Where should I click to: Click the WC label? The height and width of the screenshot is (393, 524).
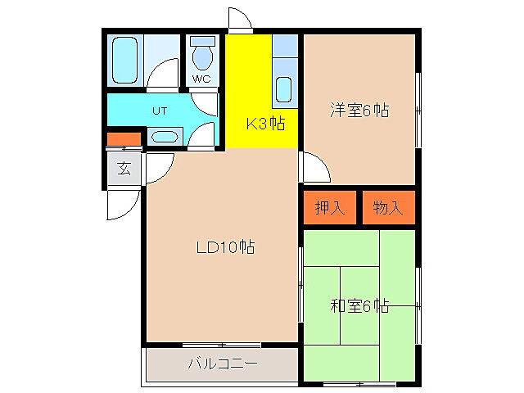pos(201,79)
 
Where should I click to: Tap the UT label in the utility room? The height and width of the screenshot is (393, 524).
pos(160,111)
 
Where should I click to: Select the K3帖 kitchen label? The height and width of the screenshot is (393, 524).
pos(265,124)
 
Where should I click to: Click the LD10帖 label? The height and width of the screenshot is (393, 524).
pos(224,247)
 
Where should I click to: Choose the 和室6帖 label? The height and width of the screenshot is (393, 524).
pos(359,306)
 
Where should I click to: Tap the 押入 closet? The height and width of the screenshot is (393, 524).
pos(330,208)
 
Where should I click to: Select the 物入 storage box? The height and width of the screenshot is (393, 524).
pos(388,208)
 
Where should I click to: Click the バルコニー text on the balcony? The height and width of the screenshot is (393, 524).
pos(223,363)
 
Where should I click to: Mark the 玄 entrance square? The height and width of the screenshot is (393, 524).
pos(124,169)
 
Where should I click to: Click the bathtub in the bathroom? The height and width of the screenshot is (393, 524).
pos(126,60)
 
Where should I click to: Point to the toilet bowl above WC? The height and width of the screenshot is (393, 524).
pos(201,56)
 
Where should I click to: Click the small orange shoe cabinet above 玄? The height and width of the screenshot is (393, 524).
pos(124,139)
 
